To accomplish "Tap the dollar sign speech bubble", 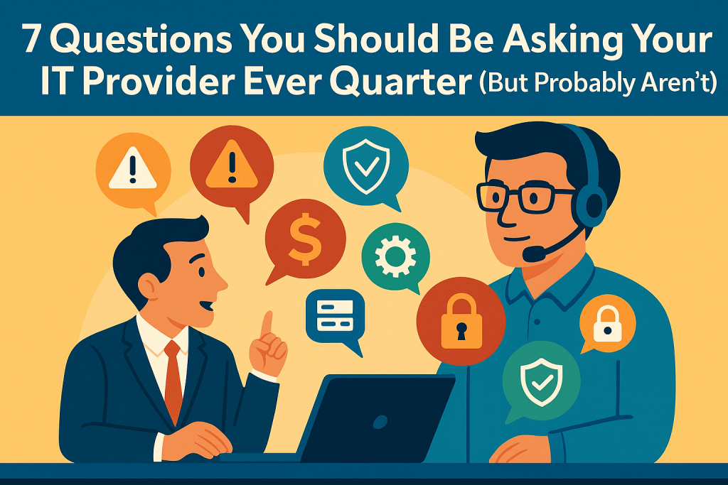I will (x=304, y=236).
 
